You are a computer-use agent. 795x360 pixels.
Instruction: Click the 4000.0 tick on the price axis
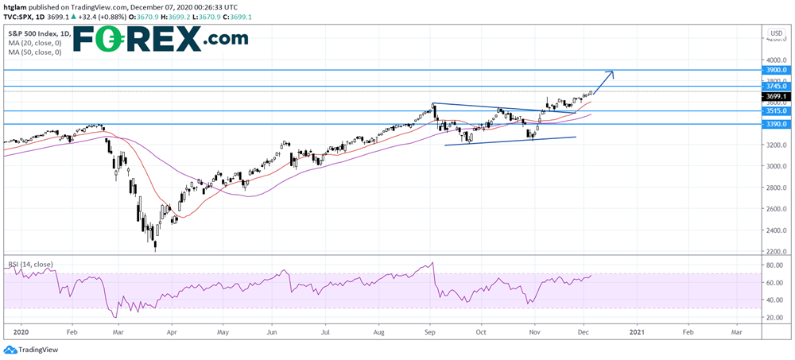point(774,60)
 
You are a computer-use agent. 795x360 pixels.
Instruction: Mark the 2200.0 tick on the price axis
point(774,252)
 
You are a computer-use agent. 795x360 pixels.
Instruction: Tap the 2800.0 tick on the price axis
point(774,188)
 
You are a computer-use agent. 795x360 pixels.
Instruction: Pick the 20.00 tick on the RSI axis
point(774,317)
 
